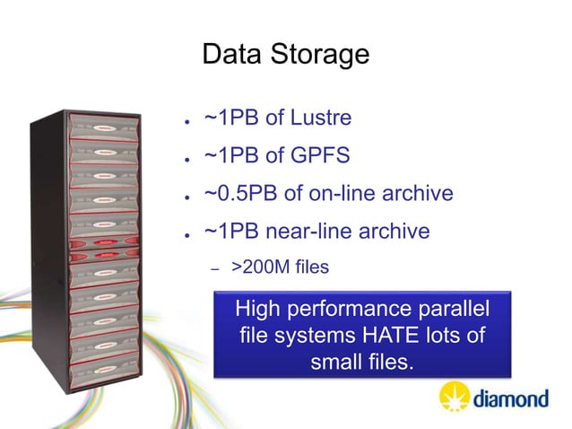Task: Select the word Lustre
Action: click(318, 118)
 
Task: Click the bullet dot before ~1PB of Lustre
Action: click(183, 121)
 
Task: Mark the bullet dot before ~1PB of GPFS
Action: click(183, 159)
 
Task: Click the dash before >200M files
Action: click(213, 267)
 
